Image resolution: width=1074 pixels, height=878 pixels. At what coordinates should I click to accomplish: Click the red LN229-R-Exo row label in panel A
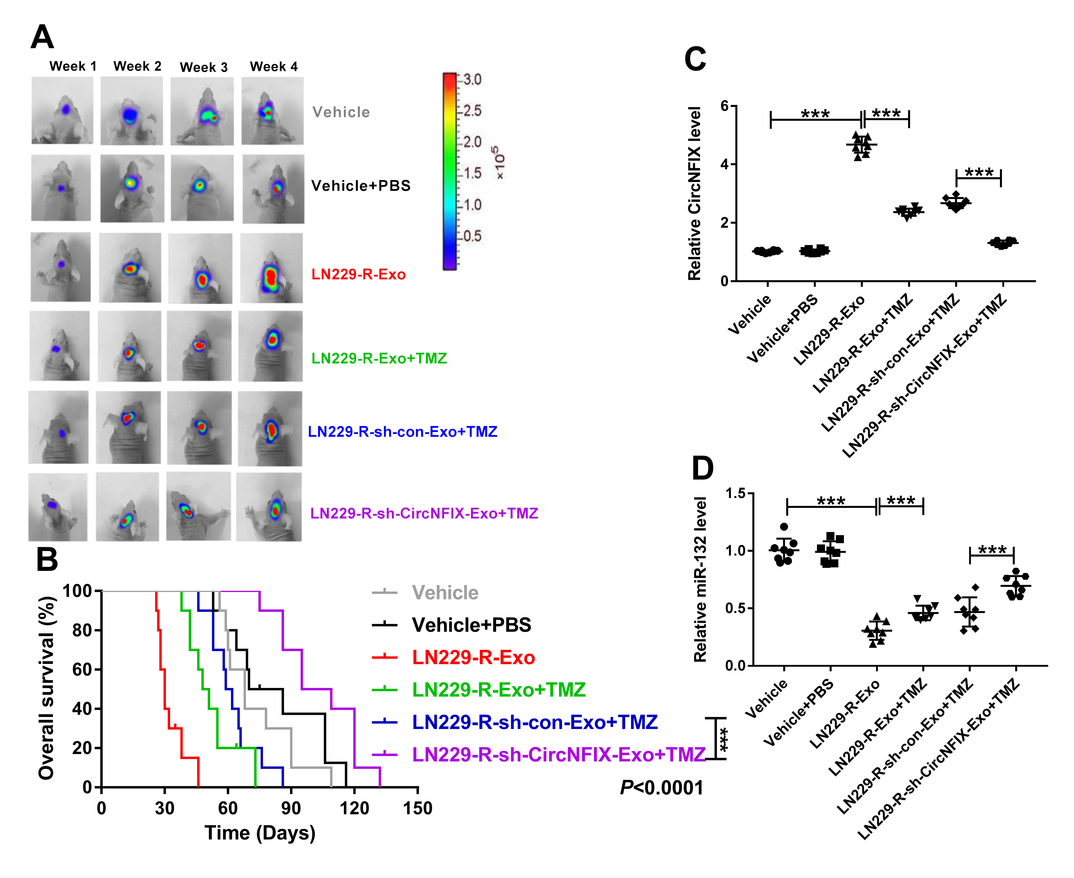click(358, 275)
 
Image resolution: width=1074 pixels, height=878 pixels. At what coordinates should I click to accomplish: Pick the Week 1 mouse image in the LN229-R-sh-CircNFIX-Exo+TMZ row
click(58, 507)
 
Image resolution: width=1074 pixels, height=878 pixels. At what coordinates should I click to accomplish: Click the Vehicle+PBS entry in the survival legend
click(471, 625)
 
